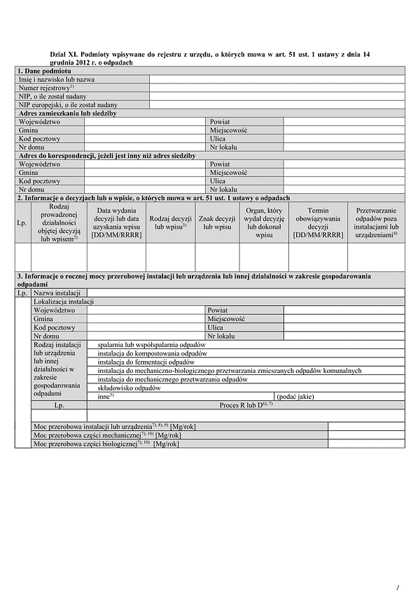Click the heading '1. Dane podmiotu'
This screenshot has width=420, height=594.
pos(43,71)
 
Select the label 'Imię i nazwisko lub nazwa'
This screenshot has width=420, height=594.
pos(57,80)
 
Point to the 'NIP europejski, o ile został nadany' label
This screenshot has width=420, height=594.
pos(68,105)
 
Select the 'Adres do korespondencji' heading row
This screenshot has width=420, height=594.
pos(106,155)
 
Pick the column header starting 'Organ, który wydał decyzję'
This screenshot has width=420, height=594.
pos(264,222)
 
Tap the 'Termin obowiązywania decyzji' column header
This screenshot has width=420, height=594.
pos(318,222)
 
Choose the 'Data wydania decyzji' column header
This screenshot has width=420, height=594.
pos(116,222)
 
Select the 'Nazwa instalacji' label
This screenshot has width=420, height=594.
pos(57,292)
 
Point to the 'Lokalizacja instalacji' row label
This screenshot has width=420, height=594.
pos(64,301)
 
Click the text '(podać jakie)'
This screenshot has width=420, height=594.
pos(296,396)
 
